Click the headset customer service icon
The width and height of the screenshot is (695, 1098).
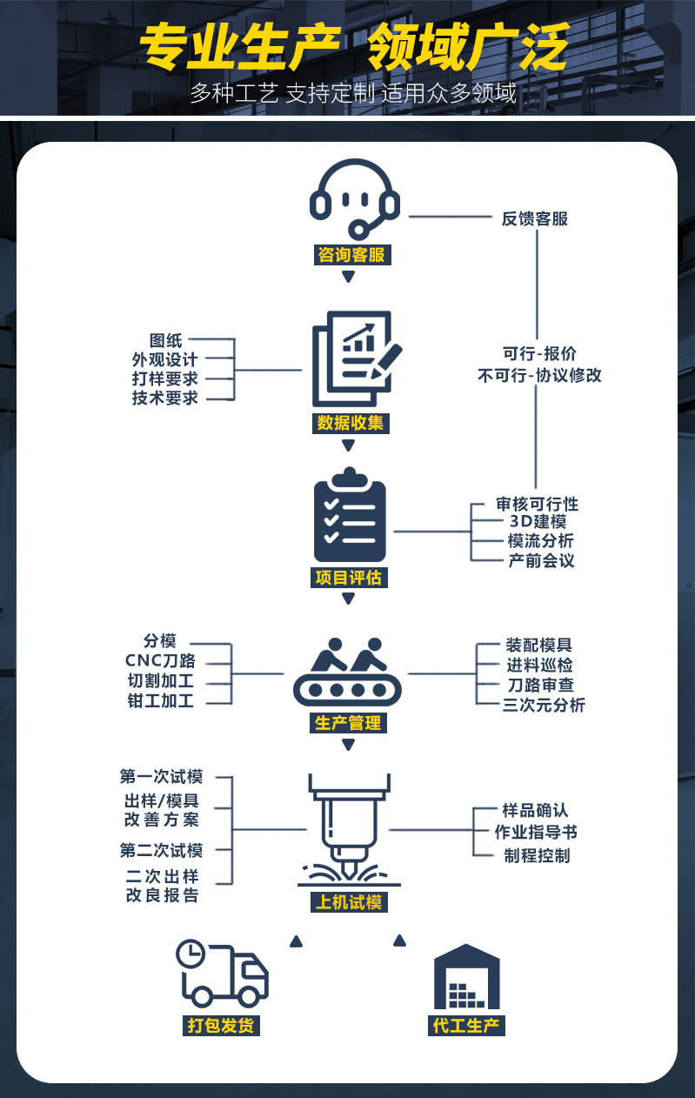pos(355,199)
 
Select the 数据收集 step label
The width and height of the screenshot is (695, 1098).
pos(350,424)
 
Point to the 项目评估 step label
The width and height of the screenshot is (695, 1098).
pos(348,577)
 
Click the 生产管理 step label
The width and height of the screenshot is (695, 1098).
pos(348,723)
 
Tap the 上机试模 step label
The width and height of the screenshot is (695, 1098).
pos(348,901)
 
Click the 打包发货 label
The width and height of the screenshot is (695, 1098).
pos(222,1025)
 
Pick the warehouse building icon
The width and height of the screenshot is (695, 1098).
pos(467,976)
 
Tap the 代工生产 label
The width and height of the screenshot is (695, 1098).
pos(467,1025)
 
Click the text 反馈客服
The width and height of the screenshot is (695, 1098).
pos(535,218)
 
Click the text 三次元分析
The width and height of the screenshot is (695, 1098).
pos(545,705)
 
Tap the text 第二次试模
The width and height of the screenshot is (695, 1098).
pos(162,850)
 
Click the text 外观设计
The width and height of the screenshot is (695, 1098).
pos(165,359)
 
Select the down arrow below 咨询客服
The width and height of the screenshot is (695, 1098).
pos(348,278)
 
